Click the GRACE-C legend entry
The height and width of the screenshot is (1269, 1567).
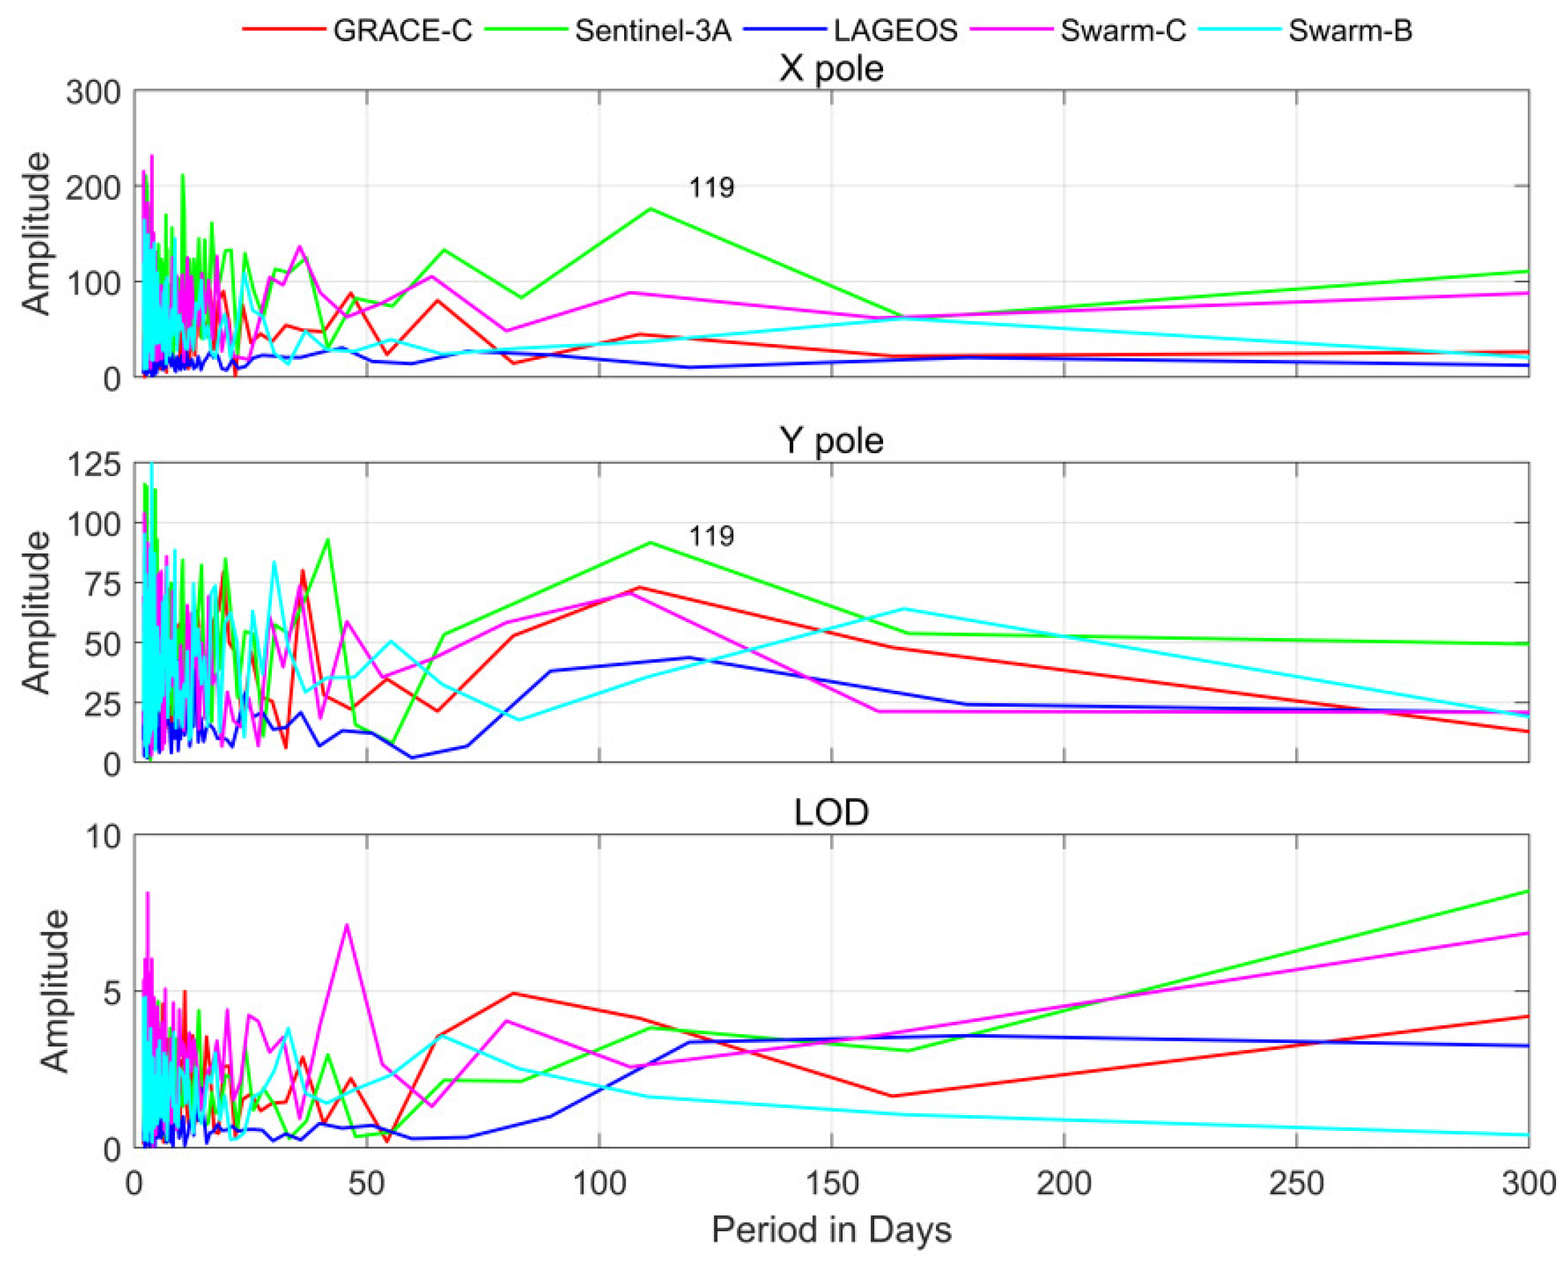(402, 31)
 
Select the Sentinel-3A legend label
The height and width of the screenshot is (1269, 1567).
(652, 31)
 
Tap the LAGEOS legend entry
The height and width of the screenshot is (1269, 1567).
(895, 31)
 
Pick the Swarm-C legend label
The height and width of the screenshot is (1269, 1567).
(1123, 31)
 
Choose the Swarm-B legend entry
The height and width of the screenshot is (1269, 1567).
(1349, 31)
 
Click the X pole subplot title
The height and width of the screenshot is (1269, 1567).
(831, 69)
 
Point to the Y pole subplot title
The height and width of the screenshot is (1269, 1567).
(831, 441)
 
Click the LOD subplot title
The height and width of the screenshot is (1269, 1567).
(831, 812)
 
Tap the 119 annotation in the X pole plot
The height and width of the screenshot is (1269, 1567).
(711, 188)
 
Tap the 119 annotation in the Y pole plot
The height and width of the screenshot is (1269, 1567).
(711, 536)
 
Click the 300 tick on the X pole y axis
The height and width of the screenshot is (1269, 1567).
(93, 93)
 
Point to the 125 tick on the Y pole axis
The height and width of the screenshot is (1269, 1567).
(93, 464)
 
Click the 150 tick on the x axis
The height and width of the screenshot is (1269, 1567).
(831, 1183)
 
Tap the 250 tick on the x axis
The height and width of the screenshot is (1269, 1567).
(1296, 1183)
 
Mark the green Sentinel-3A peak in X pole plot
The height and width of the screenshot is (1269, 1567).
(650, 209)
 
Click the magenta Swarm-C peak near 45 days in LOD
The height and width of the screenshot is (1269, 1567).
(347, 925)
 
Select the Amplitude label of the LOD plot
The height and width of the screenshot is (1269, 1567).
(55, 990)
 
